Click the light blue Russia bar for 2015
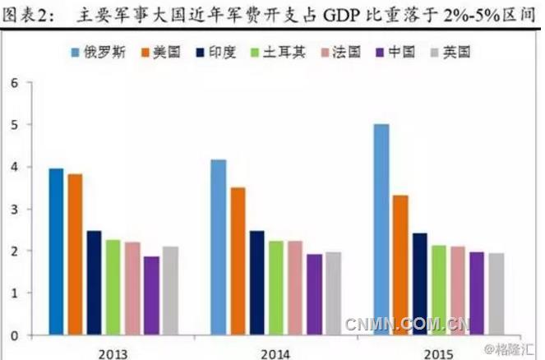pyautogui.click(x=381, y=229)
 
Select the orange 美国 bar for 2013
pyautogui.click(x=75, y=254)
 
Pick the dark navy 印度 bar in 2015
pyautogui.click(x=418, y=284)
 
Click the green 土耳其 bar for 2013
pyautogui.click(x=113, y=287)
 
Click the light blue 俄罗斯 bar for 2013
pyautogui.click(x=56, y=252)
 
